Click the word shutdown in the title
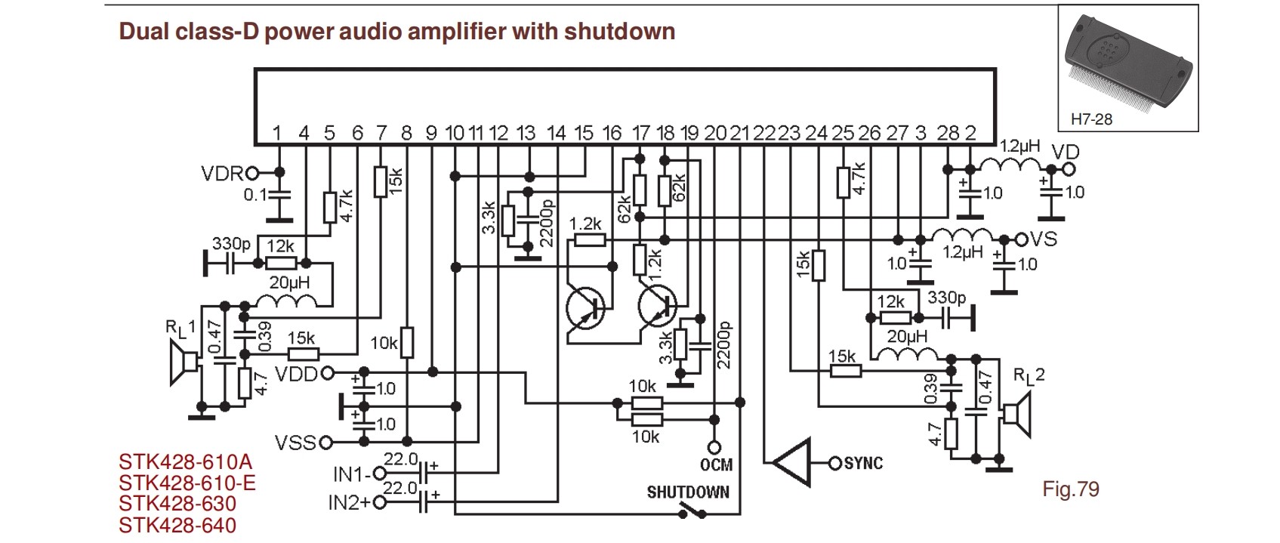(x=619, y=32)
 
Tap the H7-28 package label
(x=1091, y=119)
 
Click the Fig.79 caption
(x=1071, y=489)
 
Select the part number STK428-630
(x=177, y=504)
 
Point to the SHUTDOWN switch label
(x=688, y=492)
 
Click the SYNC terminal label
(x=863, y=463)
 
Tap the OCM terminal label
(x=716, y=464)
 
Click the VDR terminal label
(x=221, y=174)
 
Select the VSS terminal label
(x=295, y=442)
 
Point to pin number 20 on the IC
(x=714, y=134)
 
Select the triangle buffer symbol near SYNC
(x=790, y=461)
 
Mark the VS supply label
(x=1044, y=239)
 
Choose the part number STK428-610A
(x=185, y=461)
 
